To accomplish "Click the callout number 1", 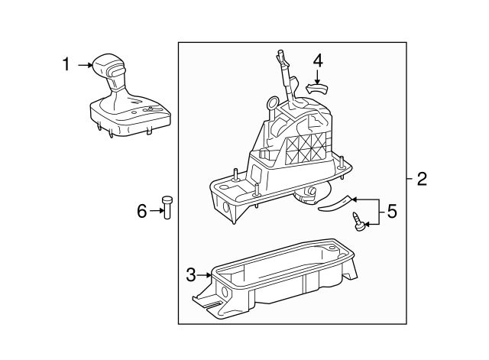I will pos(67,65).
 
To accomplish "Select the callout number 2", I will pos(422,180).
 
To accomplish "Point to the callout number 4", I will pos(317,59).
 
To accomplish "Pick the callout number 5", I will pos(392,210).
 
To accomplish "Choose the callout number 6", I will pos(141,210).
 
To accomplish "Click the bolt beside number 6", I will pos(166,207).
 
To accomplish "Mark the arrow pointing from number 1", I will pos(83,66).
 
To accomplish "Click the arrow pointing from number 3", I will pos(206,272).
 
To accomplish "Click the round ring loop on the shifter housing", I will pos(273,103).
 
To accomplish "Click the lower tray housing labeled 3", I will pos(283,279).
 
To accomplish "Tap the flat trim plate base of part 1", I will pos(130,122).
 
